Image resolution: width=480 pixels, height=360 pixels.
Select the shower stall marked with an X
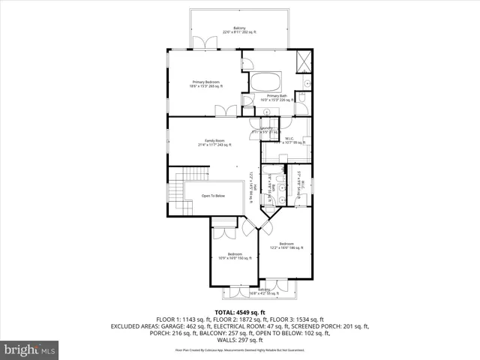click(303, 61)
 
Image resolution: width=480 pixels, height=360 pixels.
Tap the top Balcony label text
click(238, 30)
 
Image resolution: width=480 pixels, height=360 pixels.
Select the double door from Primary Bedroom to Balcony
click(201, 44)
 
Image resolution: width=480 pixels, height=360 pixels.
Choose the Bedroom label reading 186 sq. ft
click(287, 246)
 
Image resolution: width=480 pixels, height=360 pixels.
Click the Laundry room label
click(266, 130)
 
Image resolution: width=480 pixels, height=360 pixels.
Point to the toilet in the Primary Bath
click(300, 97)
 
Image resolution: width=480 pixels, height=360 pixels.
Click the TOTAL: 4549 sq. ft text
click(239, 312)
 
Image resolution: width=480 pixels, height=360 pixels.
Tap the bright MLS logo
click(30, 349)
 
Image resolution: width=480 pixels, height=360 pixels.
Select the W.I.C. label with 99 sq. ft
click(289, 140)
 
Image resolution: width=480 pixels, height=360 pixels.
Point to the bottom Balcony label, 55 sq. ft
click(264, 291)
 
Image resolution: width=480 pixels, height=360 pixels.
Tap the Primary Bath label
click(276, 97)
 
